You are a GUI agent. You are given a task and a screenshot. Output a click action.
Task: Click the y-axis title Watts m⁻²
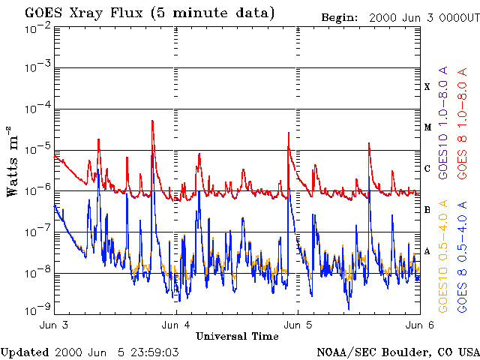13,162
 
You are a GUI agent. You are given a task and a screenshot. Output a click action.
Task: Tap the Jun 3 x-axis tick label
53,325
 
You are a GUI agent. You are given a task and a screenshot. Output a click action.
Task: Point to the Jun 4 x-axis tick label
175,325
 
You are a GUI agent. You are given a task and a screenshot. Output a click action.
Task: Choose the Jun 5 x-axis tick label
298,325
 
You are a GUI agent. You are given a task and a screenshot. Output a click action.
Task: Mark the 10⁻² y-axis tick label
37,28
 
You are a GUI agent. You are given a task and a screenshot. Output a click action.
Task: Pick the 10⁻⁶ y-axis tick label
37,192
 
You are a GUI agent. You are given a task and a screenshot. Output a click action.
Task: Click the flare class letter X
427,87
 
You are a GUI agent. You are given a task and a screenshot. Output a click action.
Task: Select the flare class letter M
427,127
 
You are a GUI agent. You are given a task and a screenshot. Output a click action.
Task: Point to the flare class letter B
427,210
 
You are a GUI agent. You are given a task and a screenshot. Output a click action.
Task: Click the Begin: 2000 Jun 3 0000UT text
399,16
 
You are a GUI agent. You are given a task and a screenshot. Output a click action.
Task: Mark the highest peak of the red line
152,121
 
